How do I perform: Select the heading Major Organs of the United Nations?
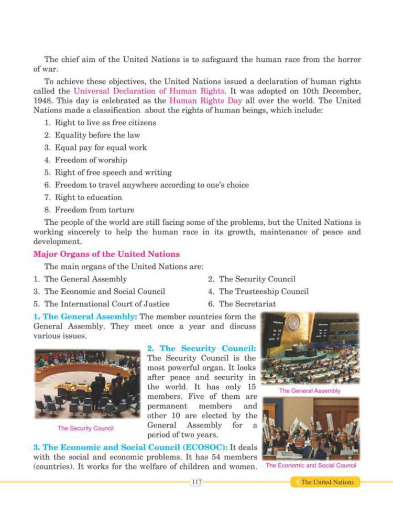[106, 254]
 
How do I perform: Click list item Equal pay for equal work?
[101, 147]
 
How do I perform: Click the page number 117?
[196, 482]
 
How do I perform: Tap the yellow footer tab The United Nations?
[327, 482]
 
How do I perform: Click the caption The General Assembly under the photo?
[310, 391]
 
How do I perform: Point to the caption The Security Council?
[85, 428]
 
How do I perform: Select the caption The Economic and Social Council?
[311, 465]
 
